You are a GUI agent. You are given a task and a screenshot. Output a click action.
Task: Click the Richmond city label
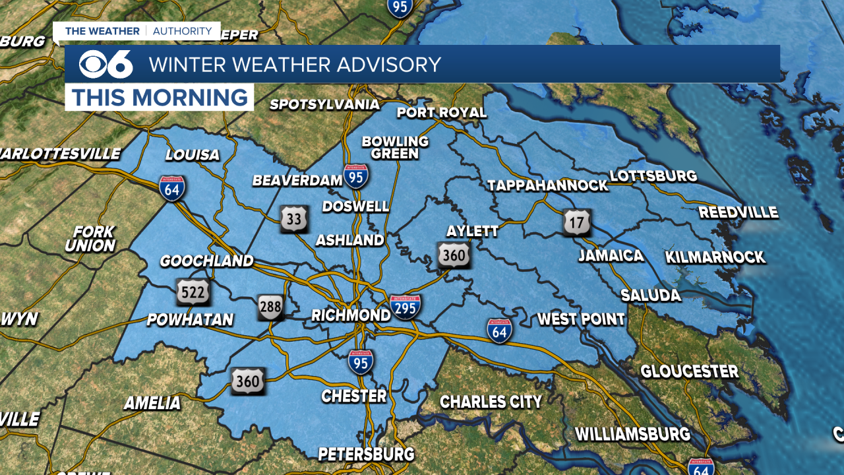[351, 315]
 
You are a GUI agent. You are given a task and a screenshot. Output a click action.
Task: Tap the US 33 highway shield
[294, 219]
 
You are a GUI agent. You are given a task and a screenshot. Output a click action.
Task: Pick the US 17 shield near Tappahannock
[577, 223]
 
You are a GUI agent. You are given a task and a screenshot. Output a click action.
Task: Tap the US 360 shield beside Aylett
[454, 255]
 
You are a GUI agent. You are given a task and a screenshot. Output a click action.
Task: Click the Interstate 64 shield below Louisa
[172, 189]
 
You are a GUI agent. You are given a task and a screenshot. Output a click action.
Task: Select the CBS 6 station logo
[105, 64]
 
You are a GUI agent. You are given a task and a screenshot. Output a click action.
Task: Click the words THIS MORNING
[160, 98]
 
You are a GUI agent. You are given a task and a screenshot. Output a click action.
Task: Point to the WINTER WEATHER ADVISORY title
[295, 65]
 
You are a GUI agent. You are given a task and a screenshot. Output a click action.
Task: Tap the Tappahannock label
[548, 186]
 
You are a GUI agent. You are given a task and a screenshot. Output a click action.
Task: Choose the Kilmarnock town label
[715, 257]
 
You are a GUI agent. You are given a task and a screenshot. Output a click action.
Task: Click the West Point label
[581, 320]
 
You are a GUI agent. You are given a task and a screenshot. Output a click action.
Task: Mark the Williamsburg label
[633, 435]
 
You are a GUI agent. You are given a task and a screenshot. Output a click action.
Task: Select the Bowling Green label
[395, 147]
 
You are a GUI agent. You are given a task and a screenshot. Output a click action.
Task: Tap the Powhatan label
[190, 320]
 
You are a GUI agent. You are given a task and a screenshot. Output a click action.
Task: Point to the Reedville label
[738, 212]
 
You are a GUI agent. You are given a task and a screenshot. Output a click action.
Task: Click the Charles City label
[491, 402]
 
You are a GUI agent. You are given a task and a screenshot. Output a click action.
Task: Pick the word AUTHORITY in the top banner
[183, 31]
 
